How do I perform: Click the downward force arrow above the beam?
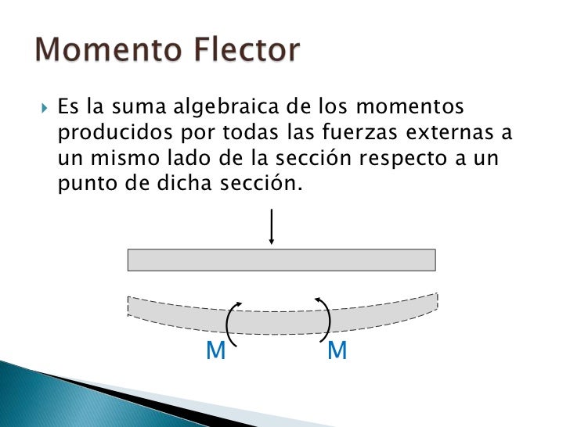click(271, 227)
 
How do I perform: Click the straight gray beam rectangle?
click(281, 260)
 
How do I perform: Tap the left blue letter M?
click(215, 353)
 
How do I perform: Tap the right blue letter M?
click(337, 352)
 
